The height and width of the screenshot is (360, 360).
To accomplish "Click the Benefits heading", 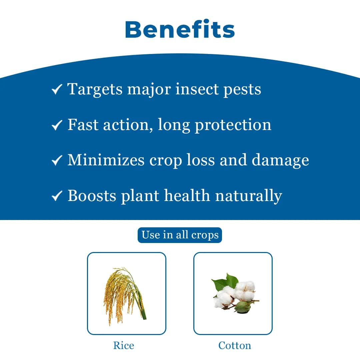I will tap(180, 29).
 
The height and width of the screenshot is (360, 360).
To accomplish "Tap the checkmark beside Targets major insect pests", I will tap(57, 89).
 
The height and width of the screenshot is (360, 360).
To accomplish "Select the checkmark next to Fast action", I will tap(57, 125).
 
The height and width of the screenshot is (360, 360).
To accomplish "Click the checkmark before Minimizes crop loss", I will tap(57, 161).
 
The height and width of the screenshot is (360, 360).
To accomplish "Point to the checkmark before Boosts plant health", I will tap(57, 196).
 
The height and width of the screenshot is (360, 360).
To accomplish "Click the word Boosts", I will tap(91, 195).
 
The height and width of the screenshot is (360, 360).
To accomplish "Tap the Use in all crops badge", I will tap(180, 235).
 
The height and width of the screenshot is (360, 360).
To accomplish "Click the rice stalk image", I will tap(125, 293).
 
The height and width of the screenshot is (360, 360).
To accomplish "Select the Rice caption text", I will tap(124, 345).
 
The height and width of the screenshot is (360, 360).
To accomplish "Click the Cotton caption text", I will tap(235, 345).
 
